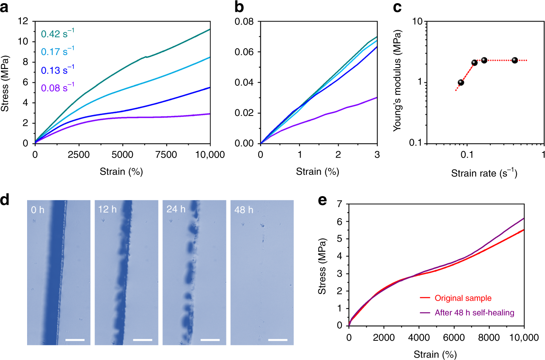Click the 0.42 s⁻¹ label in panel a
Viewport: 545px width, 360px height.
[x=57, y=34]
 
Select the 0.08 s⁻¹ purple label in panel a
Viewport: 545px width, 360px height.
[x=57, y=88]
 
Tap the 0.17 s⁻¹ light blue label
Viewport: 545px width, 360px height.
[x=57, y=51]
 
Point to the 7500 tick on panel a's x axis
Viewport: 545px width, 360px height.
[x=166, y=154]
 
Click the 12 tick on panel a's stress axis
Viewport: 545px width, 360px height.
[x=23, y=21]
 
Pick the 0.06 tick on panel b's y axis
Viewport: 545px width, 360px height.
[x=244, y=52]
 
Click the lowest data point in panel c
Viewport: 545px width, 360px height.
[x=461, y=83]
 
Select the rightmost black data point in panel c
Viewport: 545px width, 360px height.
[x=515, y=60]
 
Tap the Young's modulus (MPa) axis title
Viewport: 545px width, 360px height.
[x=397, y=80]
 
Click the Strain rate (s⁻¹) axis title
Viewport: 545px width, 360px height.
[x=484, y=173]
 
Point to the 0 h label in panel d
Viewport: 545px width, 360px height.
[x=38, y=210]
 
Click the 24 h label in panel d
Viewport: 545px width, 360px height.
[x=176, y=209]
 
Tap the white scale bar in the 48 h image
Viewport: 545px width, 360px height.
[x=278, y=340]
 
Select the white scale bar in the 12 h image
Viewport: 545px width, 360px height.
[x=143, y=340]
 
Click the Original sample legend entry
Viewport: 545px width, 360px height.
[x=462, y=298]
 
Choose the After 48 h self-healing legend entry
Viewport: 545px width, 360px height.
[x=474, y=313]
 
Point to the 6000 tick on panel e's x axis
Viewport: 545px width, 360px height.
[x=454, y=337]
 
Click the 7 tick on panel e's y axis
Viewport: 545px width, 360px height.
[x=339, y=204]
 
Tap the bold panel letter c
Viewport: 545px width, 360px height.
[x=397, y=7]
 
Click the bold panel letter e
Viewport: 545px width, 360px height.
[x=322, y=200]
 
